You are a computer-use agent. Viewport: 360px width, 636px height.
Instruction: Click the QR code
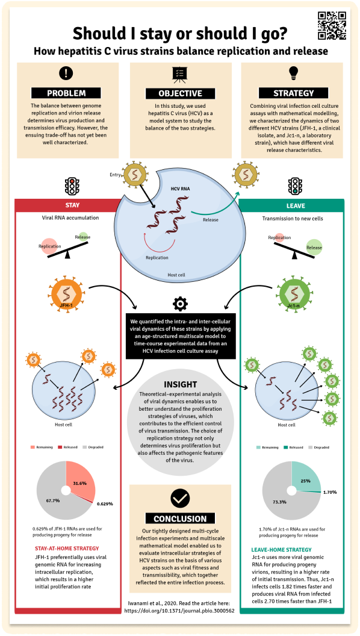(332, 25)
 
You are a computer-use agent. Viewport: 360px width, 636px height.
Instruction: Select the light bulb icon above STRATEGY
(293, 73)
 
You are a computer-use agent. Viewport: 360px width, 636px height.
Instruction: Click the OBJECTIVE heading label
(179, 93)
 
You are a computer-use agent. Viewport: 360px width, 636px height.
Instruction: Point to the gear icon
(179, 304)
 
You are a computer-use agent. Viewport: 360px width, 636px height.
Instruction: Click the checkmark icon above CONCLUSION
(180, 499)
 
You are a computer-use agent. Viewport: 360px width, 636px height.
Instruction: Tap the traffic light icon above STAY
(72, 186)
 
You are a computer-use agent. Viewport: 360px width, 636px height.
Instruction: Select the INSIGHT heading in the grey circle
(181, 384)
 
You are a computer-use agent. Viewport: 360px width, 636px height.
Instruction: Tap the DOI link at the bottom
(179, 610)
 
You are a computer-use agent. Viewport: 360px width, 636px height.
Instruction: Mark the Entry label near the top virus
(115, 175)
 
